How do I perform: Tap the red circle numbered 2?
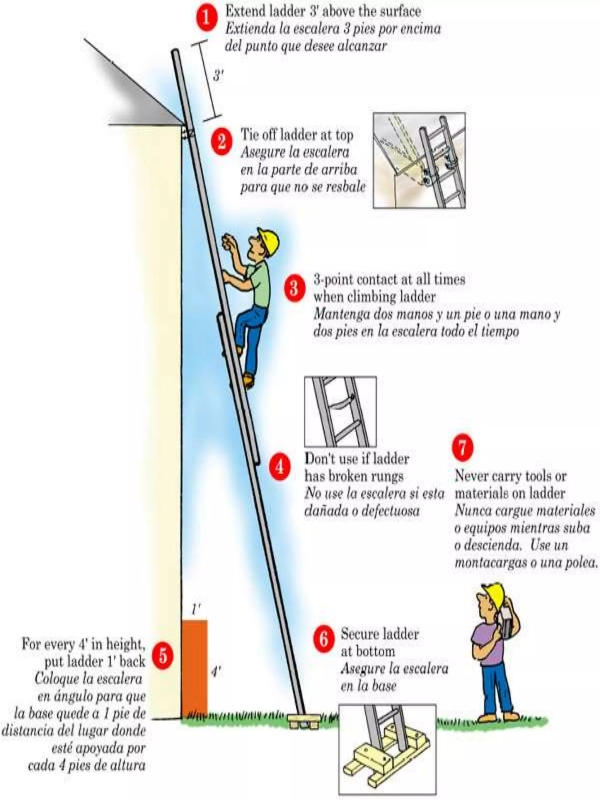(221, 141)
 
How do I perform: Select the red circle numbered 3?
(295, 288)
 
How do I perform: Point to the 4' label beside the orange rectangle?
(216, 672)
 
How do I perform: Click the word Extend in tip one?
(245, 12)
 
